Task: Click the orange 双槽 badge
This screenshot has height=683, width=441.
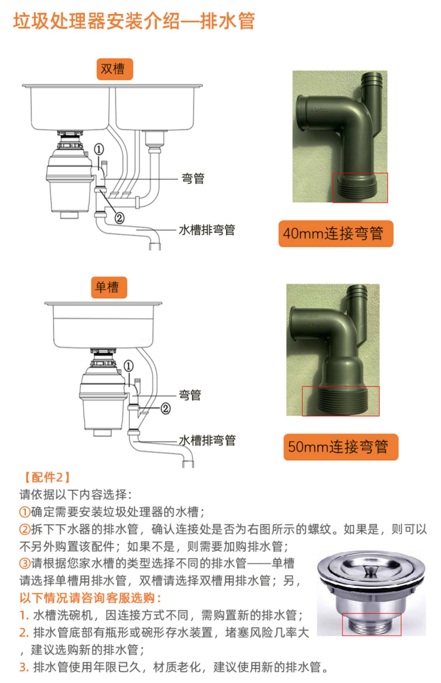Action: [115, 69]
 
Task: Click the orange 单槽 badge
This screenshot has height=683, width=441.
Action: [109, 287]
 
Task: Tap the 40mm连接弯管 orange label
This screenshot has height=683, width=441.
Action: [336, 234]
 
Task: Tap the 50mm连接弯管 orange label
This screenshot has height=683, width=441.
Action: [341, 447]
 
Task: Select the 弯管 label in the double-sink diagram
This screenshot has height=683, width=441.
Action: [193, 179]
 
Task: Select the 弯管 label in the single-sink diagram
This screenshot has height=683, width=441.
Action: [190, 395]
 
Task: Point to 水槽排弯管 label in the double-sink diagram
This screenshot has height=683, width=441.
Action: [207, 230]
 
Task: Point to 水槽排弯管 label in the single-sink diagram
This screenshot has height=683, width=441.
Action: [207, 440]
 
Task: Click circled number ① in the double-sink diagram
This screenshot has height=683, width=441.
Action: [99, 149]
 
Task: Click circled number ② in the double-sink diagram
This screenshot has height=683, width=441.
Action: [119, 218]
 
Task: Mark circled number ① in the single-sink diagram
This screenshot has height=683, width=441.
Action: [128, 366]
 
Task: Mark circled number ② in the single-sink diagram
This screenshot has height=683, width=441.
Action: [166, 409]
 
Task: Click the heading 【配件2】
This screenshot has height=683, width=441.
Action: [47, 477]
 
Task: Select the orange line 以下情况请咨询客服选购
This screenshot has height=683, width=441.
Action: [90, 598]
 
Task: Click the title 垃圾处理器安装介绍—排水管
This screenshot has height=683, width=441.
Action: [134, 21]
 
